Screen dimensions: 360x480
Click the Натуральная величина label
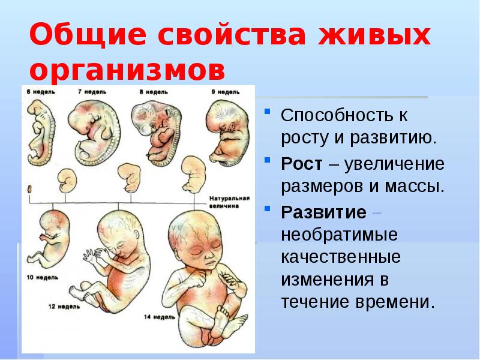pos(226,200)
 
